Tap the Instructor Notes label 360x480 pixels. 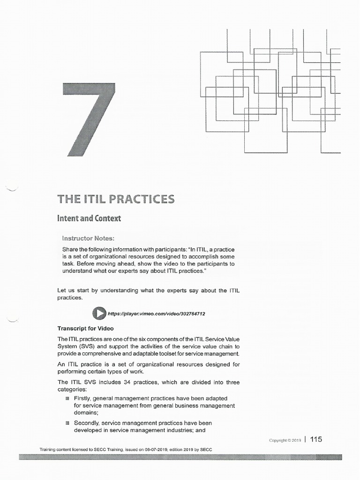pos(88,238)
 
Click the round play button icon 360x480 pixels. pos(99,313)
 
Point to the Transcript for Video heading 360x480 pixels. pos(85,328)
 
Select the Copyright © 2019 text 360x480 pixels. pos(285,440)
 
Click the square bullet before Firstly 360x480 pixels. pos(67,398)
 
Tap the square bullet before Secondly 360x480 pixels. pos(67,423)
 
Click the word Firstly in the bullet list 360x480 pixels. pos(83,398)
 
